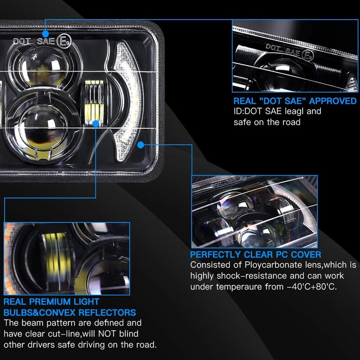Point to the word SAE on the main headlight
click(x=46, y=41)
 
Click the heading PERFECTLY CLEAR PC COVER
click(x=255, y=255)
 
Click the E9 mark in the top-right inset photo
click(x=307, y=56)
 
